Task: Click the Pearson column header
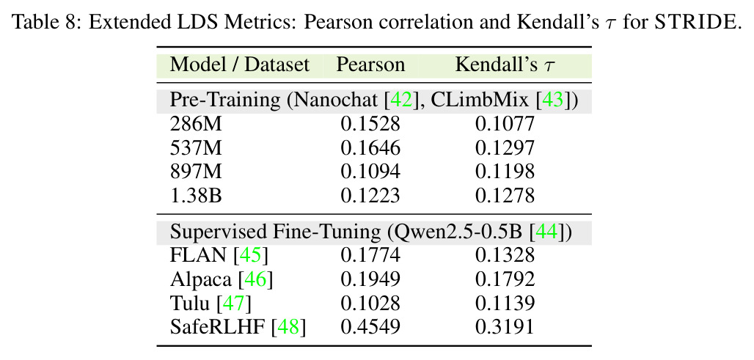tap(370, 65)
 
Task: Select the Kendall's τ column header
tap(505, 65)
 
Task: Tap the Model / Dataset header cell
tap(239, 65)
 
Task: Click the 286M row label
tap(196, 124)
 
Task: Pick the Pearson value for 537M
tap(370, 148)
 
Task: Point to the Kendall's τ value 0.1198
tap(505, 172)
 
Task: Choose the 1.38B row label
tap(196, 196)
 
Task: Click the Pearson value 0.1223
tap(370, 196)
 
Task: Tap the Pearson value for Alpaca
tap(370, 279)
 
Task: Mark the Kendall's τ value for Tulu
tap(505, 304)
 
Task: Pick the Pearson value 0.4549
tap(370, 327)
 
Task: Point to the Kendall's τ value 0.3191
tap(505, 327)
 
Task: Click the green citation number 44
tap(548, 232)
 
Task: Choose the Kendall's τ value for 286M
tap(505, 124)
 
